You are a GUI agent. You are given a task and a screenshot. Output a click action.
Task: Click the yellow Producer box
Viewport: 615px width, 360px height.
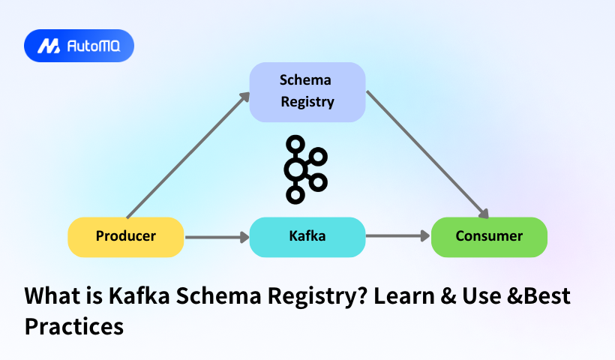click(126, 236)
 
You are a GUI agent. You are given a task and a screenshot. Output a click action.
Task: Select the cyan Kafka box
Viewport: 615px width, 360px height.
click(307, 236)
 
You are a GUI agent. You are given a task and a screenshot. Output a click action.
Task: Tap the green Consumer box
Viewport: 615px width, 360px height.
click(489, 236)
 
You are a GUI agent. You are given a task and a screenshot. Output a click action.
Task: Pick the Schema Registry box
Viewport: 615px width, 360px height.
click(307, 91)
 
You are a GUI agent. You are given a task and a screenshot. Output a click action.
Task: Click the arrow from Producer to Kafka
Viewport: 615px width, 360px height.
click(216, 237)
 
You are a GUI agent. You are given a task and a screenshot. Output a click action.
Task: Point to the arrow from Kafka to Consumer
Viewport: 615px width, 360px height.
click(397, 237)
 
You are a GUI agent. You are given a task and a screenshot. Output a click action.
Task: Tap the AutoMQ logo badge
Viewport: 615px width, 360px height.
click(79, 46)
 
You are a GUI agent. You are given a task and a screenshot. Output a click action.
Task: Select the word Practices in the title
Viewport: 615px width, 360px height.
click(73, 326)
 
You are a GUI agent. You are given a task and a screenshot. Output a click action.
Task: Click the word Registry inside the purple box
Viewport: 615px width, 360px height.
click(307, 102)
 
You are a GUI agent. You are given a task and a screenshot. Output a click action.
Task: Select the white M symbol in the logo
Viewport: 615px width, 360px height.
click(49, 46)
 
